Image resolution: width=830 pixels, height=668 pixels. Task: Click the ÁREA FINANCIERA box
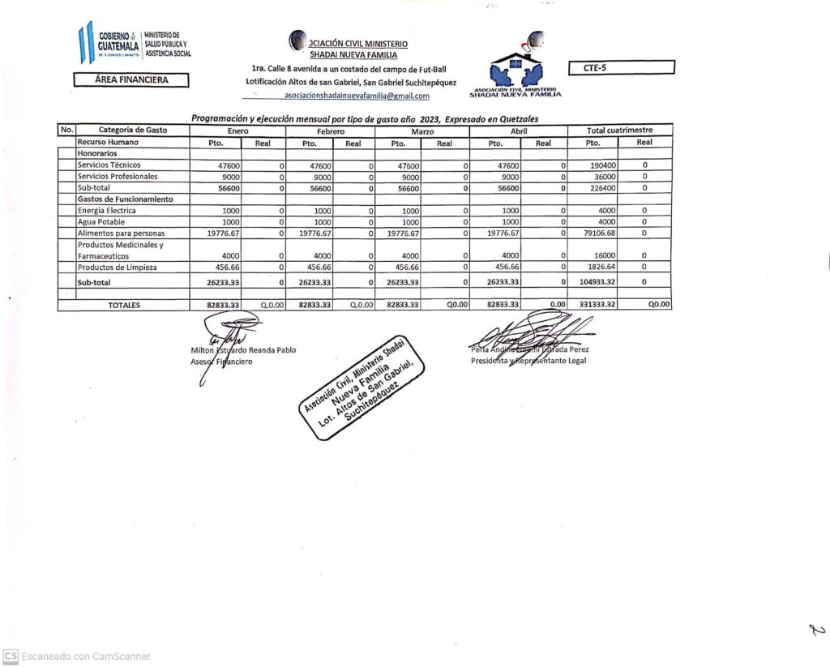coord(131,80)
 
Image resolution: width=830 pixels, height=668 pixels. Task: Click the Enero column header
coord(237,131)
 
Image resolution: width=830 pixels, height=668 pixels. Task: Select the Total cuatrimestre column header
coord(619,131)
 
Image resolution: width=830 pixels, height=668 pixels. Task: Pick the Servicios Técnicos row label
coord(109,165)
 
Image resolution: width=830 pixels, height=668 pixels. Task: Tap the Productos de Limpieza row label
coord(117,268)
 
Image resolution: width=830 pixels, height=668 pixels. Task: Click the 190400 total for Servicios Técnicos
coord(603,165)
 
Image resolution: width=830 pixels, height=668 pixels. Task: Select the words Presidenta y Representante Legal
coord(528,361)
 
